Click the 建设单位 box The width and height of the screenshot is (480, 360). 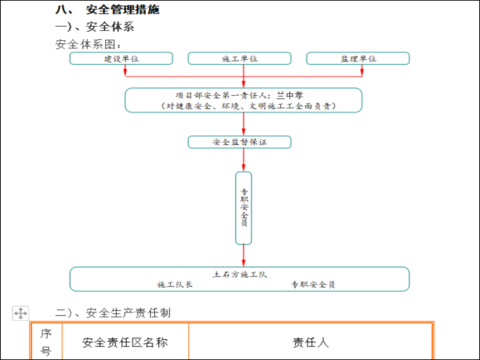(121, 58)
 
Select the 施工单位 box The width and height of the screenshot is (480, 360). (239, 58)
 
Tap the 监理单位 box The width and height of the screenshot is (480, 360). (357, 58)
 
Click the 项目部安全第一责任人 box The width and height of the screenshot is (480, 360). (243, 100)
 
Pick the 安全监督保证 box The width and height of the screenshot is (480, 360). (239, 142)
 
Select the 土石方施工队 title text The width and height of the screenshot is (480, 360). (239, 272)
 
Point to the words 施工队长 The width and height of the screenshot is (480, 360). (176, 284)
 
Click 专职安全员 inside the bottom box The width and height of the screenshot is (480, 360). (312, 284)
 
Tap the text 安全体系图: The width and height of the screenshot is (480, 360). (88, 43)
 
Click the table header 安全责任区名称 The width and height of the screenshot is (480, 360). (126, 342)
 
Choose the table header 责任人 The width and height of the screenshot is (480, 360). (310, 342)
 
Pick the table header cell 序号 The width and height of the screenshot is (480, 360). (46, 342)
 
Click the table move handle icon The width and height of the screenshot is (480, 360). (21, 313)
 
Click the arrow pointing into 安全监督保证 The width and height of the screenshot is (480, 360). (243, 131)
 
